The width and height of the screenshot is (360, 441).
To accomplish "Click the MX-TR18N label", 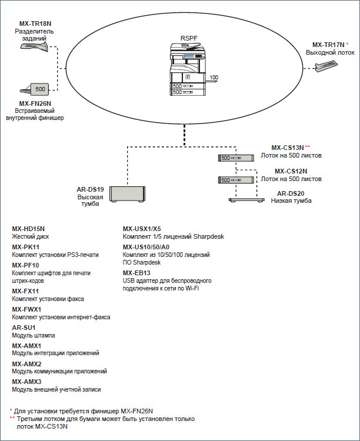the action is pyautogui.click(x=35, y=24).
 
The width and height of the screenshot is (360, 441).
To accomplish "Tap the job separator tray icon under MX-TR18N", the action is pyautogui.click(x=34, y=46).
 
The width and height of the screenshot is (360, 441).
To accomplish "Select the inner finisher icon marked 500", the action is pyautogui.click(x=34, y=89).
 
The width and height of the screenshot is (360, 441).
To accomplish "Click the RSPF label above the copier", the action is pyautogui.click(x=189, y=38).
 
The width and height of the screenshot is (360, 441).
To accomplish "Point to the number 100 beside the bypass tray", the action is pyautogui.click(x=214, y=78).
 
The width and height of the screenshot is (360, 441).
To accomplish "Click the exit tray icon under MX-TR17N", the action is pyautogui.click(x=326, y=66).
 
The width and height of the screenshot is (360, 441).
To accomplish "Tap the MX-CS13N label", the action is pyautogui.click(x=288, y=148).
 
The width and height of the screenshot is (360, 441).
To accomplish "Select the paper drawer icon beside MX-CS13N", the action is pyautogui.click(x=236, y=158).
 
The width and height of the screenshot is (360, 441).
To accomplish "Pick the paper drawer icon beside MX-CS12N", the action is pyautogui.click(x=236, y=180).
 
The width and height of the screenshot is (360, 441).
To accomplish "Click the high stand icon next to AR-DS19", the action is pyautogui.click(x=127, y=194).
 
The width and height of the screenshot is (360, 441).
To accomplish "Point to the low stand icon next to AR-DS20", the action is pyautogui.click(x=246, y=201).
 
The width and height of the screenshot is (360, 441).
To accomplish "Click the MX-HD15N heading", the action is pyautogui.click(x=28, y=229).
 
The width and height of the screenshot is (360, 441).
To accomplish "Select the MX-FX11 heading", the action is pyautogui.click(x=25, y=291).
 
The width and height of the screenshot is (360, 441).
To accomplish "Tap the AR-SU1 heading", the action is pyautogui.click(x=24, y=328).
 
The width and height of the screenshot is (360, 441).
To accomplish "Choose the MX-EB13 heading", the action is pyautogui.click(x=136, y=273).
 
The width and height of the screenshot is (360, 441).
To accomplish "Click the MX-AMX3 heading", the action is pyautogui.click(x=26, y=382).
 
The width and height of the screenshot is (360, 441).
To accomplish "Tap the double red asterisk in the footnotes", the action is pyautogui.click(x=12, y=418).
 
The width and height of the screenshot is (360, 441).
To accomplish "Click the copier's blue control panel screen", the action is pyautogui.click(x=189, y=56).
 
